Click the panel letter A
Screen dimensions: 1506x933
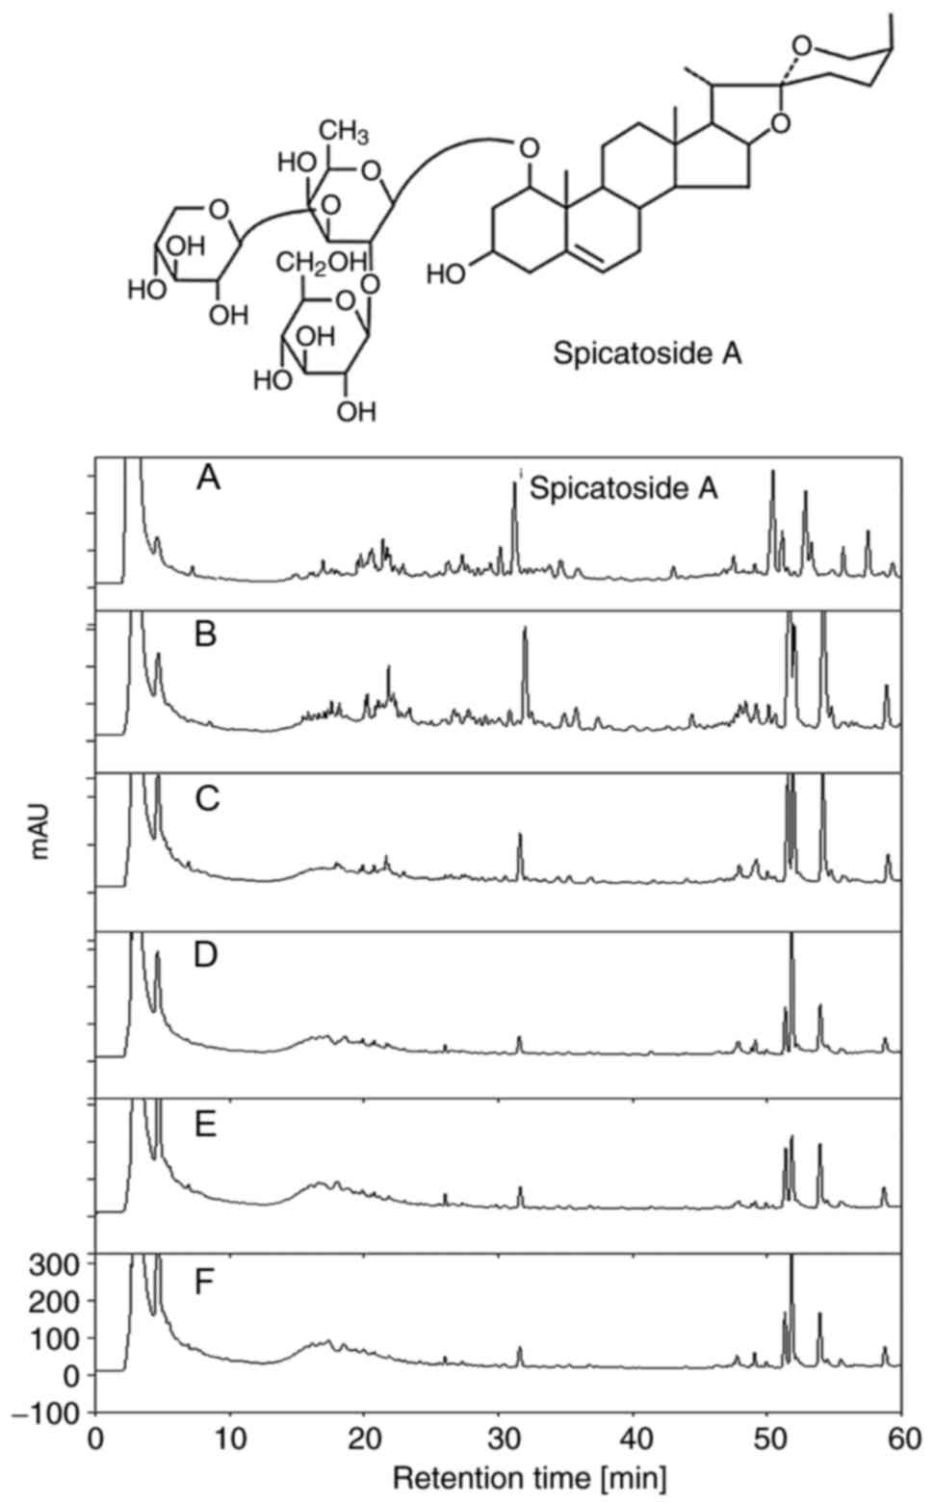pos(208,477)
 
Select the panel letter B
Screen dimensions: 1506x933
pos(205,636)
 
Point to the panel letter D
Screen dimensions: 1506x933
pos(206,956)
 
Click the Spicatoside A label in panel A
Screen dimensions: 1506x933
pos(624,488)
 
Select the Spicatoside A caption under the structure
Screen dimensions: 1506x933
pos(647,353)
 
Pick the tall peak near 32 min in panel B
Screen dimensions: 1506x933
pos(525,631)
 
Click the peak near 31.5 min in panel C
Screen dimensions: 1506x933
pos(520,836)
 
